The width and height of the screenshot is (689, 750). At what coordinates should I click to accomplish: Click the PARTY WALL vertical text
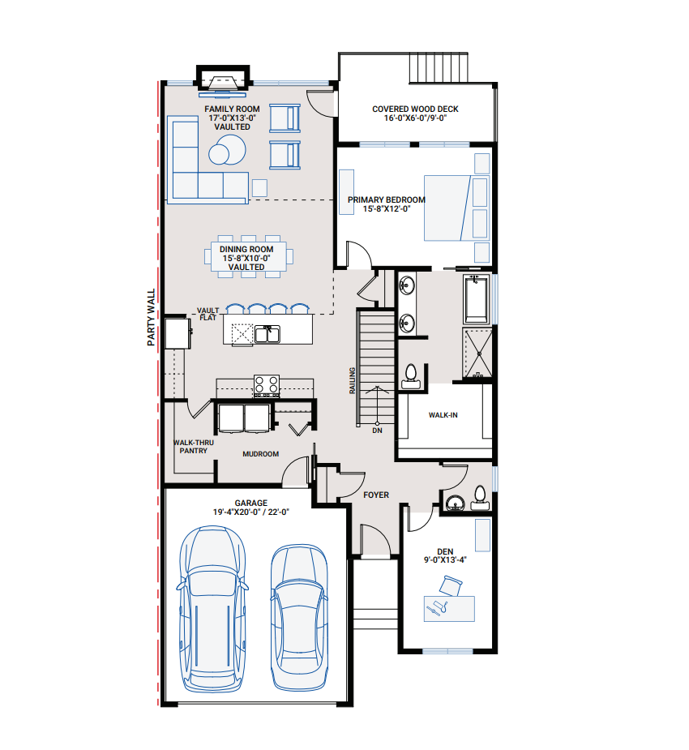(x=152, y=320)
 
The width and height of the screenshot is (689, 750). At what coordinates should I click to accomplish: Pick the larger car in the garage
(x=212, y=608)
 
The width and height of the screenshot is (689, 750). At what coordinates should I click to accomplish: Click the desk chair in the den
(x=451, y=583)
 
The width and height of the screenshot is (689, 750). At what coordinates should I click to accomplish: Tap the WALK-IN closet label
(x=443, y=414)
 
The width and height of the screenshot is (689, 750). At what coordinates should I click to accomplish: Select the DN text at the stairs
(x=377, y=431)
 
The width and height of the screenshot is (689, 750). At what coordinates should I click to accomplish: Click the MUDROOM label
(x=261, y=454)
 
